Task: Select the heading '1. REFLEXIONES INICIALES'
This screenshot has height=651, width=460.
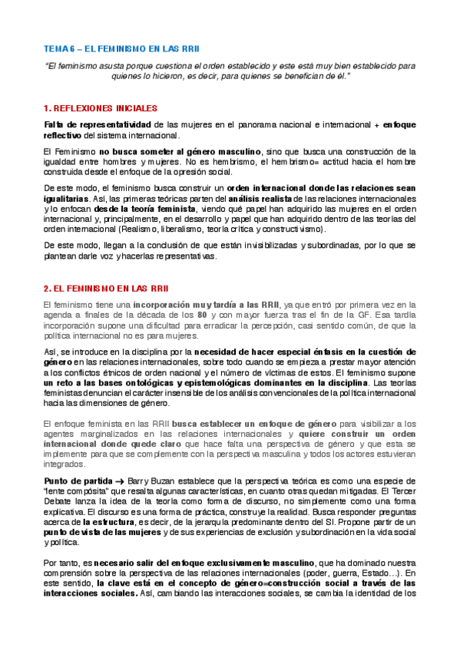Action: [100, 108]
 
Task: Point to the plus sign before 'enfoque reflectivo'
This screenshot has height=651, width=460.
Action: [376, 124]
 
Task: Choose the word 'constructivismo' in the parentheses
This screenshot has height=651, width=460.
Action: [299, 229]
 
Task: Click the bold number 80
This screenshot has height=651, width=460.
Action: [203, 315]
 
